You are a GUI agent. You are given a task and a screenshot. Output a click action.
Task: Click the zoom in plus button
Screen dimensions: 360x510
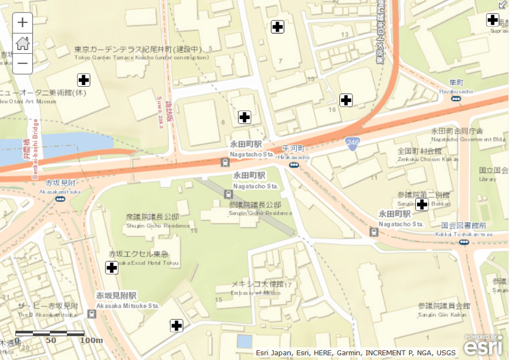click(23, 23)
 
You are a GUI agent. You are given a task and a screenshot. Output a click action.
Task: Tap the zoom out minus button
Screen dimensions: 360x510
click(23, 63)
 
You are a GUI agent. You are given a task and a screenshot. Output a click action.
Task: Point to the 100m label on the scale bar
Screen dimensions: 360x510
click(91, 340)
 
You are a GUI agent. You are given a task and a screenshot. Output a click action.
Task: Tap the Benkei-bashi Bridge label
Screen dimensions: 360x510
click(35, 149)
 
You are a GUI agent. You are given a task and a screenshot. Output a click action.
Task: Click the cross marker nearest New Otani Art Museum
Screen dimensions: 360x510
click(84, 80)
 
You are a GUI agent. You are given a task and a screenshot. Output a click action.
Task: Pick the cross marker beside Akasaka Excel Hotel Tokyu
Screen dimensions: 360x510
click(112, 268)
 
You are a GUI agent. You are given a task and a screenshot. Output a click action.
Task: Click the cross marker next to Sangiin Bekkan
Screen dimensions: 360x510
click(422, 205)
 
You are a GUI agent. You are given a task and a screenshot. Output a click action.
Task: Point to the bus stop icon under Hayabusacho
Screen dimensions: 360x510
click(456, 99)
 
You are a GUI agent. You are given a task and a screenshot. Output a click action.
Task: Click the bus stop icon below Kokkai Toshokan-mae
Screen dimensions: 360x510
click(464, 242)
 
